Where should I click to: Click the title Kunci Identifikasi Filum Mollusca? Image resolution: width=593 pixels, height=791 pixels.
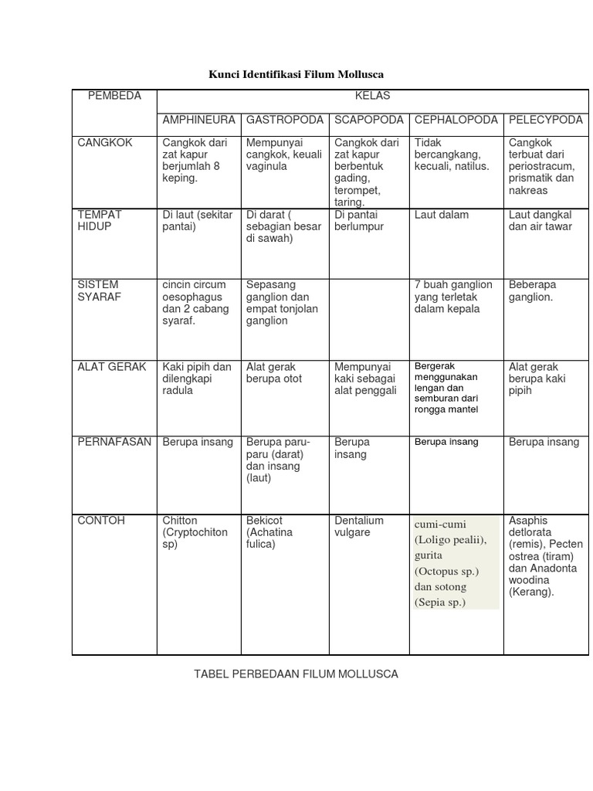(x=296, y=74)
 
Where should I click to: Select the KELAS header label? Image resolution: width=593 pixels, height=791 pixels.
(x=372, y=96)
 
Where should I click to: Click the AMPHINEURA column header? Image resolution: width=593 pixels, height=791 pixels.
(x=198, y=120)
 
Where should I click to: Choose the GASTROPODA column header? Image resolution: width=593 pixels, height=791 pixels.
(x=285, y=120)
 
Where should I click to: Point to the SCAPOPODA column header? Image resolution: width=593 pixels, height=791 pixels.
(x=369, y=120)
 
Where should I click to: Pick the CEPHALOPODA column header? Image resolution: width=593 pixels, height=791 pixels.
(x=456, y=120)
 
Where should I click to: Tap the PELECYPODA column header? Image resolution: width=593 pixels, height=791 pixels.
(x=545, y=120)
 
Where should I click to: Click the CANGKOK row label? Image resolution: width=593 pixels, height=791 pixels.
(x=105, y=143)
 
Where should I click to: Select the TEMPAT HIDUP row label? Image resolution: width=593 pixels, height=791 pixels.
(x=100, y=220)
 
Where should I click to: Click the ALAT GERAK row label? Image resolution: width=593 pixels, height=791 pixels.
(x=112, y=367)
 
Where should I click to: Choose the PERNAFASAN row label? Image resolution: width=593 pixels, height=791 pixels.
(x=114, y=442)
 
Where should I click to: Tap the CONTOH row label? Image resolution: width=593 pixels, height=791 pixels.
(x=101, y=521)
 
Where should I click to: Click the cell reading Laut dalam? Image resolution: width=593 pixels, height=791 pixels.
(x=442, y=215)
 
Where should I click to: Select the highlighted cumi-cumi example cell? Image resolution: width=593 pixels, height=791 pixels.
(x=455, y=562)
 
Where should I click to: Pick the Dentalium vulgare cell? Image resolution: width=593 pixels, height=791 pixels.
(x=359, y=526)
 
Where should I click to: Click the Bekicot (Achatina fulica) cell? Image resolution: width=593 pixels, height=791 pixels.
(x=272, y=532)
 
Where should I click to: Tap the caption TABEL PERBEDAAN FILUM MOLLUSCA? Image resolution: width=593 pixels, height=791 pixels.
(x=296, y=674)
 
